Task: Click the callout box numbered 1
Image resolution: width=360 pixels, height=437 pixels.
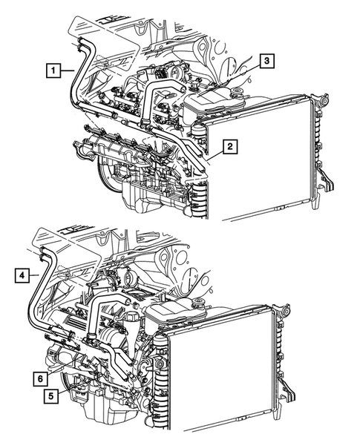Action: tap(53, 71)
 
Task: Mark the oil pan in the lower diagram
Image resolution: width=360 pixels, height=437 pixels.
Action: tap(111, 415)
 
